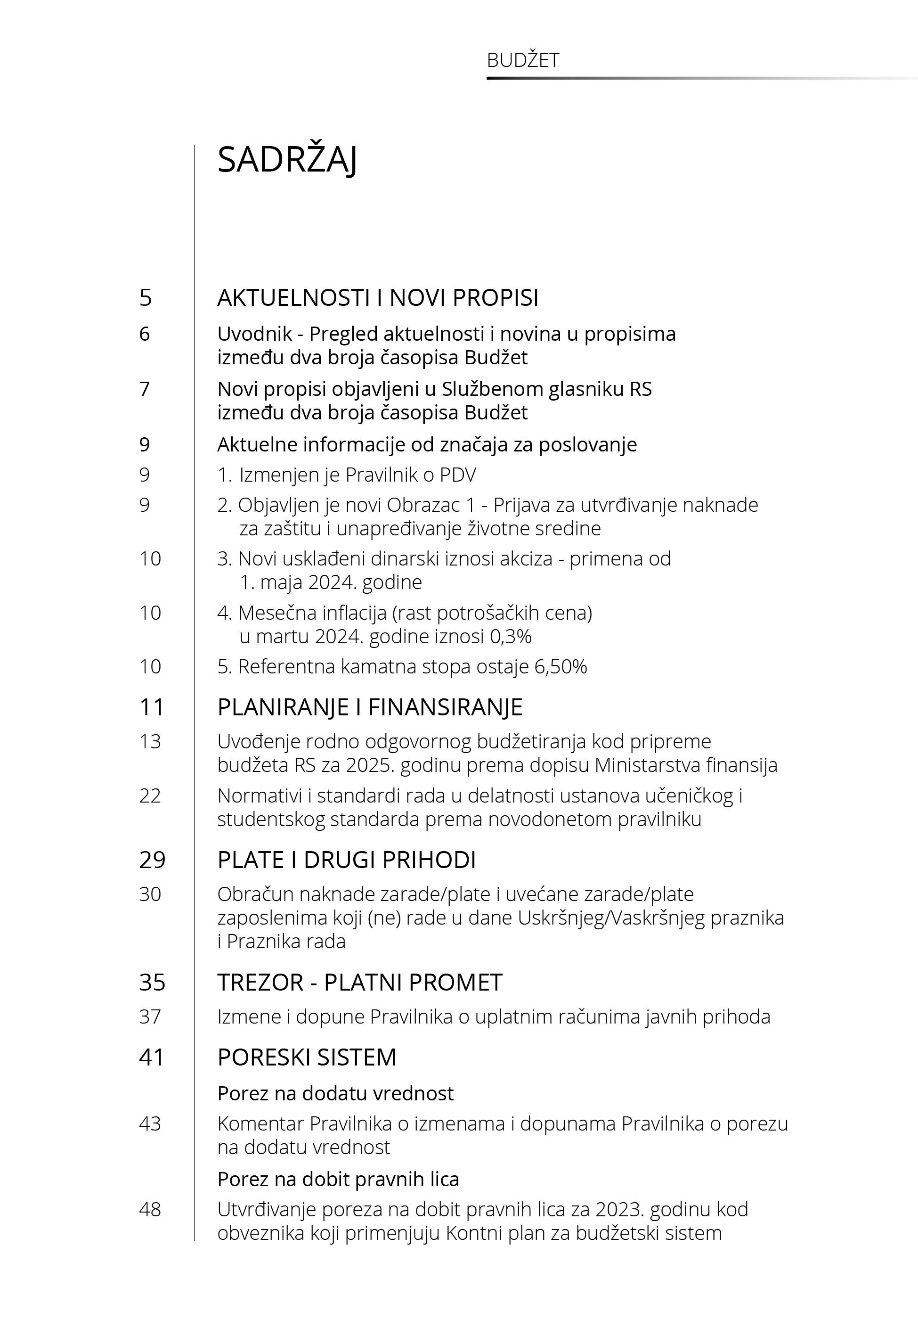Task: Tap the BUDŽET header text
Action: [x=522, y=60]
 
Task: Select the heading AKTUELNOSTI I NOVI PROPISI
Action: [x=378, y=297]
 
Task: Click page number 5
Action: [x=146, y=297]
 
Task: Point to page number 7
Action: [x=145, y=389]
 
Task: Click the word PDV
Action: [x=458, y=475]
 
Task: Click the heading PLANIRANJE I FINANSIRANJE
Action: [x=370, y=707]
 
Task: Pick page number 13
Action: [x=150, y=742]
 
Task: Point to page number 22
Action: [x=150, y=796]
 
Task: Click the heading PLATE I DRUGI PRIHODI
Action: [x=346, y=860]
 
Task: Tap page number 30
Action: [x=150, y=894]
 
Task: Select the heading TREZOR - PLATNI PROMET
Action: [x=359, y=982]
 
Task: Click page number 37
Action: [x=150, y=1016]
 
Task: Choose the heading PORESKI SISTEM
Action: [x=307, y=1057]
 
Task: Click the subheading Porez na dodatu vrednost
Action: [x=335, y=1093]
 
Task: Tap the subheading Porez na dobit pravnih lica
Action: [x=338, y=1179]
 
